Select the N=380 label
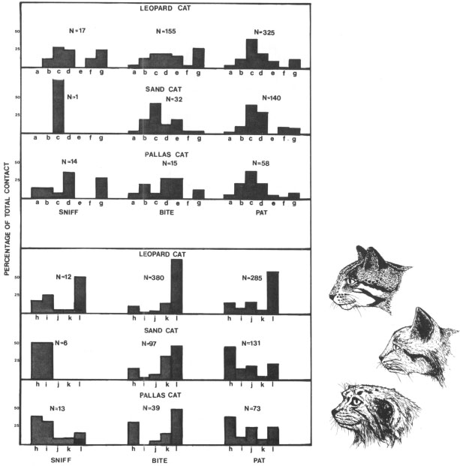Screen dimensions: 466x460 (155, 278)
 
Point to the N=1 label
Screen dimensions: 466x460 (73, 97)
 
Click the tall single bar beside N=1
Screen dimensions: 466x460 (58, 105)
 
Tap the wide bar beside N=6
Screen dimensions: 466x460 (41, 359)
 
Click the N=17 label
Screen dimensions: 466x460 (77, 31)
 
